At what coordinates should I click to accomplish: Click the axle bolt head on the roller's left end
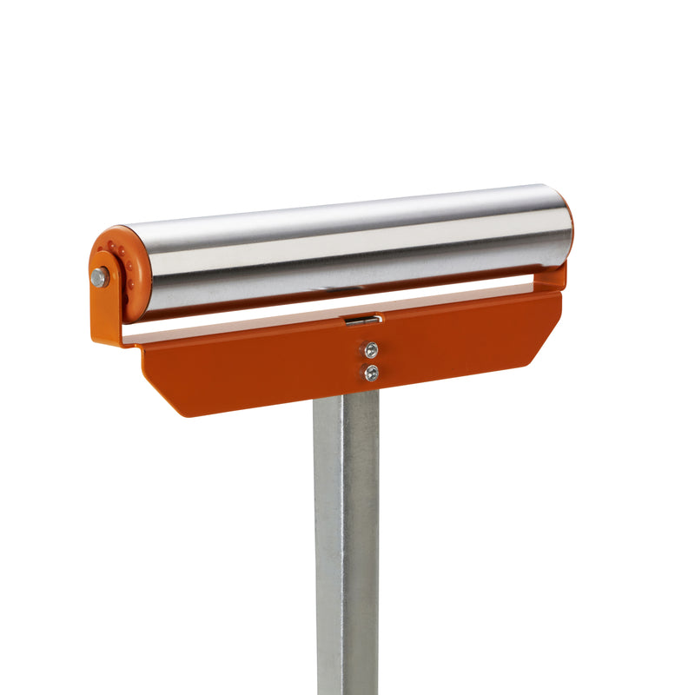click(x=100, y=277)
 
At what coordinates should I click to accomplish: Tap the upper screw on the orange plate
click(x=371, y=350)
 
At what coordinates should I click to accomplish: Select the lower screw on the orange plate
click(x=371, y=373)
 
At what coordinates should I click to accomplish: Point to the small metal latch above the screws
click(x=362, y=321)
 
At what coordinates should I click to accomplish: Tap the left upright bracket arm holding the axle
click(x=106, y=304)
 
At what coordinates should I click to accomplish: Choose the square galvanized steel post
click(x=347, y=539)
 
